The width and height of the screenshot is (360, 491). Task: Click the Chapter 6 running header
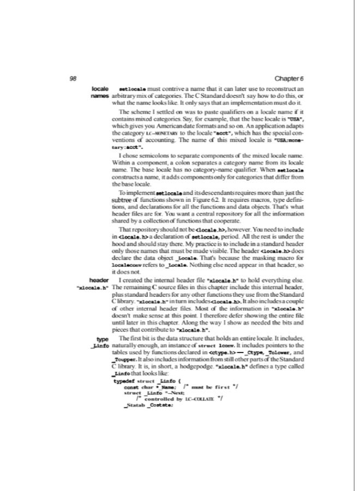click(290, 78)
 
